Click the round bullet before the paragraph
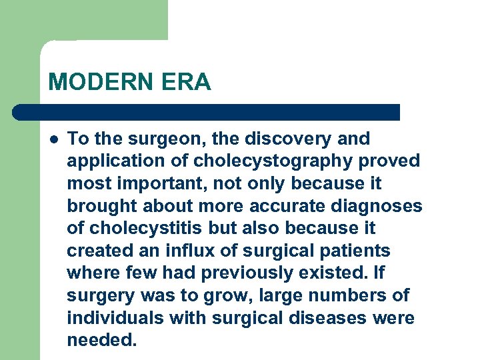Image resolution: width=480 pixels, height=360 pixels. (53, 139)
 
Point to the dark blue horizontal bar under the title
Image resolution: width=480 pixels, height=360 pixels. (207, 112)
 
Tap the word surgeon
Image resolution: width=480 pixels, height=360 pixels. (153, 139)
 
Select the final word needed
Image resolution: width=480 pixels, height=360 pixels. (101, 341)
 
